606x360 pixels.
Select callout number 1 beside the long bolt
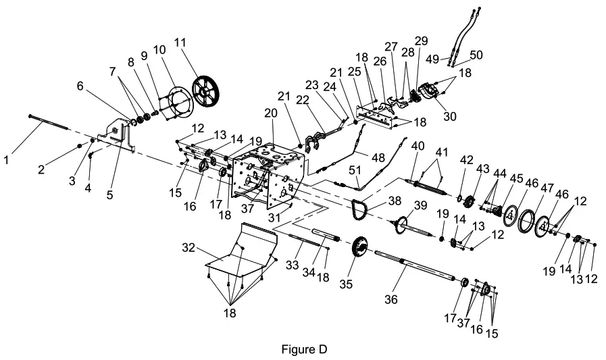(7, 160)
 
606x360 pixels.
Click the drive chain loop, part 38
(357, 211)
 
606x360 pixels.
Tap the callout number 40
(418, 147)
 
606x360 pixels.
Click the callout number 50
(477, 55)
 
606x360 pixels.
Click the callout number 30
(449, 115)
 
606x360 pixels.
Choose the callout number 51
(354, 170)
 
